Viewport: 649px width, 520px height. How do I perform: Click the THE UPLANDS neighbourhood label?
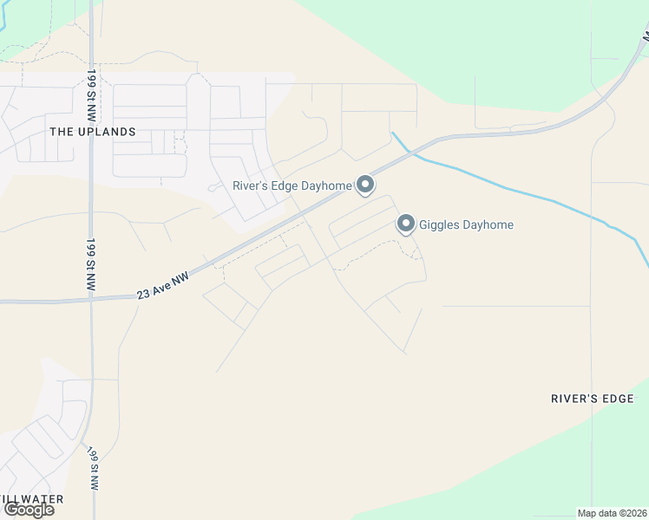click(x=93, y=132)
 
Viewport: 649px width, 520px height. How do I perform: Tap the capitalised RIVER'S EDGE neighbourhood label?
click(x=594, y=399)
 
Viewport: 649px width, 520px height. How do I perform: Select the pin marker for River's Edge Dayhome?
click(x=365, y=184)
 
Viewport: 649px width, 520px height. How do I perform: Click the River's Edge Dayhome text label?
click(x=292, y=185)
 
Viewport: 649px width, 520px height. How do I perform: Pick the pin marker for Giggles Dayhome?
click(x=405, y=224)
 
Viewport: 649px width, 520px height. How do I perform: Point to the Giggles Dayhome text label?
click(x=466, y=225)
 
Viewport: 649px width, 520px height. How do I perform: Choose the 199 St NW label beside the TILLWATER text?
click(x=92, y=469)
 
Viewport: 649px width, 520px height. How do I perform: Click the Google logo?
click(x=29, y=510)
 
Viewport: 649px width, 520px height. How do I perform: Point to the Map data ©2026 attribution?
click(x=612, y=512)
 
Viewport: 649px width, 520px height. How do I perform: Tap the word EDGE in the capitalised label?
click(x=620, y=399)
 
